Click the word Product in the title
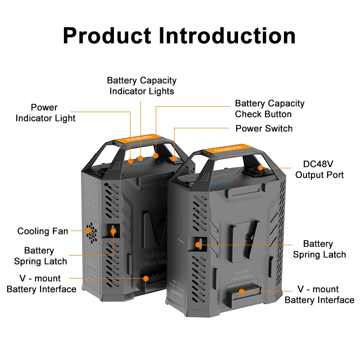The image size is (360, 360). [106, 35]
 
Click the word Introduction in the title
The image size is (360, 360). [227, 35]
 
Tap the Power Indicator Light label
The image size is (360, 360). [45, 113]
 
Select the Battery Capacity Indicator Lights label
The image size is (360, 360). [142, 85]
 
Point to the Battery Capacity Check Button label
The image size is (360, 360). [270, 109]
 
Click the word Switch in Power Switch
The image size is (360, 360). [279, 129]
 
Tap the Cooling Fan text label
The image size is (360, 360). [43, 231]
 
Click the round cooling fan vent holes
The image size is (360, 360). [91, 232]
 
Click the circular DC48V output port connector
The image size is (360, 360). [261, 170]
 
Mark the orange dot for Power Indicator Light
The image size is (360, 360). [130, 161]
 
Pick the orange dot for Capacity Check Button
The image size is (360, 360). [156, 156]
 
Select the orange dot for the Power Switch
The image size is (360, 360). [174, 158]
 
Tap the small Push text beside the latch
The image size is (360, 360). [182, 241]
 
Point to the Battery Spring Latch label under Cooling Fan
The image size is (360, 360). [40, 256]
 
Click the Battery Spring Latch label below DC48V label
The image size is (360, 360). [319, 249]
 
